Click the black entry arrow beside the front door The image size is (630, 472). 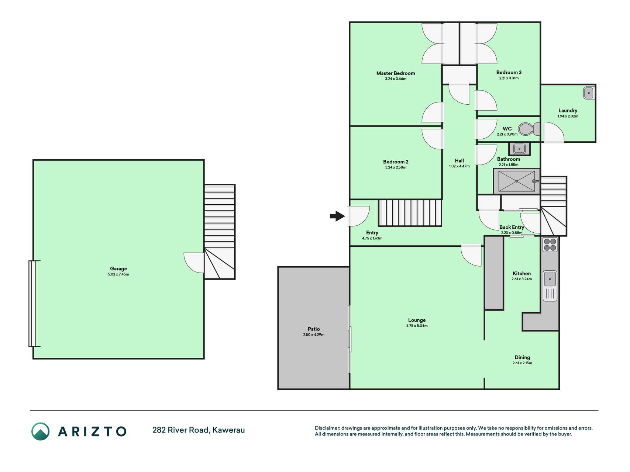(337, 216)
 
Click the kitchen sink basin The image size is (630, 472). (550, 279)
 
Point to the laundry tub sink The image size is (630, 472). (589, 93)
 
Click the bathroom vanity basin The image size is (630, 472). (519, 149)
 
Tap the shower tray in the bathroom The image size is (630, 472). (517, 181)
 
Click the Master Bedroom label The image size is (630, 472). (396, 73)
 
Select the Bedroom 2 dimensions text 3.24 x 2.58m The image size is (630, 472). (396, 167)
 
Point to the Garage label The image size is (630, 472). (118, 269)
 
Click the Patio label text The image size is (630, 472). (314, 329)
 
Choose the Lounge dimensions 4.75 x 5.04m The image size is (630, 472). (417, 326)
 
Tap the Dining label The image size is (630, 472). (522, 357)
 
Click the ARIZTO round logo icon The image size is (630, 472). (40, 431)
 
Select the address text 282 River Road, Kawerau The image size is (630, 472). (199, 430)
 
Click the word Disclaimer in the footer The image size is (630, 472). (327, 428)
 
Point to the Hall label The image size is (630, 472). (459, 161)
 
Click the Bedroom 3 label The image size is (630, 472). (509, 73)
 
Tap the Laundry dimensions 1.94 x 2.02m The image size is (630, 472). (568, 116)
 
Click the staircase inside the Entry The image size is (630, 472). (410, 213)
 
